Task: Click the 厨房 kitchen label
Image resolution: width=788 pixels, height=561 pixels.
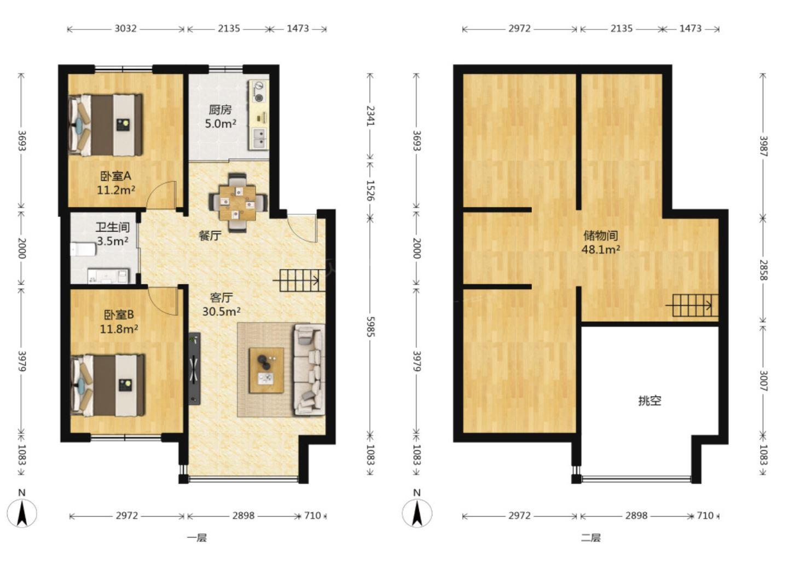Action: [220, 110]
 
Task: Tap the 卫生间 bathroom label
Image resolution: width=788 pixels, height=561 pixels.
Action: [113, 227]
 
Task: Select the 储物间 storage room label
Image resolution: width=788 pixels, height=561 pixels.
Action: [600, 236]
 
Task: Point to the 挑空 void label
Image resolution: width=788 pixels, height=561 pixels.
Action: [650, 401]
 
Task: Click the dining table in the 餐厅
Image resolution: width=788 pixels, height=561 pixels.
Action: [237, 203]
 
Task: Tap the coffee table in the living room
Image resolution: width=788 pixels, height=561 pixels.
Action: [266, 370]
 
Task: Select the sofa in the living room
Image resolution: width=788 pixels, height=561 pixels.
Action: [309, 370]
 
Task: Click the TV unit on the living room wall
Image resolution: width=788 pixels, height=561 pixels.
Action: [195, 368]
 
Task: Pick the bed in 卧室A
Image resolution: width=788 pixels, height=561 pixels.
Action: [106, 125]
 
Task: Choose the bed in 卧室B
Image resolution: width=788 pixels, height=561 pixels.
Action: [107, 385]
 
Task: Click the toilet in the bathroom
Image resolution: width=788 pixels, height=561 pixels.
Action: [83, 249]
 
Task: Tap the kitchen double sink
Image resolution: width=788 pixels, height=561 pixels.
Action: [259, 139]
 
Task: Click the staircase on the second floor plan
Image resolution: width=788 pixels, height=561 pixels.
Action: [692, 305]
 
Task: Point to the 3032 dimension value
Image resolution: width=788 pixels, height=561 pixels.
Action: [126, 28]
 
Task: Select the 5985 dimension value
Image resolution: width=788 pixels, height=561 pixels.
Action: [370, 327]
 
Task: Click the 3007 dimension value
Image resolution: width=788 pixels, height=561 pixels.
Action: [763, 380]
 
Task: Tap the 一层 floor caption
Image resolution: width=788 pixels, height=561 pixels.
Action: [196, 538]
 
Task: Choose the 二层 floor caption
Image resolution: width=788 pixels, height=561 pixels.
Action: [591, 538]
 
